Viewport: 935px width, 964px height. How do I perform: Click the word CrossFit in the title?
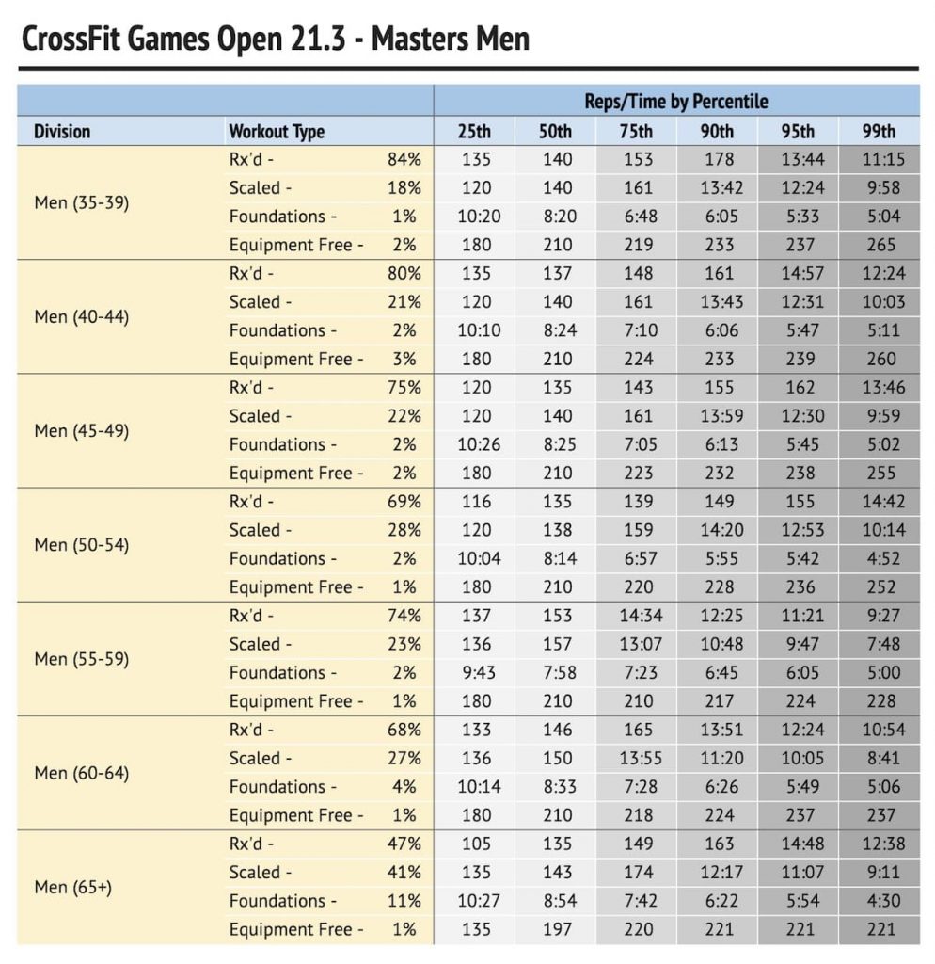[x=71, y=38]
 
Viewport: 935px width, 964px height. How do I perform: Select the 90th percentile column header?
[x=717, y=131]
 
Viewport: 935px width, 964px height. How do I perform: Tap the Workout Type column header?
[x=277, y=132]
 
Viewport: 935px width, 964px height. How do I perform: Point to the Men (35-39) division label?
[x=82, y=202]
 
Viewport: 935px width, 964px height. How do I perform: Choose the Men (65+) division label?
[x=73, y=887]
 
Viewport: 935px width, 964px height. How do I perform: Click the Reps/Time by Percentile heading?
[x=675, y=102]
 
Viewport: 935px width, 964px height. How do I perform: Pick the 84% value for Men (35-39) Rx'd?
[x=404, y=159]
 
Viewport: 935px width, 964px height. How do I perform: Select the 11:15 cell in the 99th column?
[x=883, y=159]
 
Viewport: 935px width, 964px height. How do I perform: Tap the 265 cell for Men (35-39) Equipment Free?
[x=881, y=245]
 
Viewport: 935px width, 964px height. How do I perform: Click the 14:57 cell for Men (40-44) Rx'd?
[x=802, y=273]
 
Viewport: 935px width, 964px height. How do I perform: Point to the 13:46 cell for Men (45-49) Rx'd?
[x=883, y=387]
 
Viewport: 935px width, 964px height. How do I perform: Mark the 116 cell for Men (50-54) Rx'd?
[x=476, y=501]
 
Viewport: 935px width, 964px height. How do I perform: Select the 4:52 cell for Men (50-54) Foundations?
[x=883, y=558]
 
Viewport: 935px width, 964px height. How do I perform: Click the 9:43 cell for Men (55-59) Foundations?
[x=479, y=672]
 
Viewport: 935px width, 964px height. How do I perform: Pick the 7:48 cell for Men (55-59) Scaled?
[x=883, y=644]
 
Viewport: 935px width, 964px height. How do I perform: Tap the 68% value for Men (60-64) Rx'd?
[x=404, y=730]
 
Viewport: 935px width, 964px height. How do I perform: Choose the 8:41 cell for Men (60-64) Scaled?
[x=883, y=758]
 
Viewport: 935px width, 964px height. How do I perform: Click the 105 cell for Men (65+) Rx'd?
[x=476, y=843]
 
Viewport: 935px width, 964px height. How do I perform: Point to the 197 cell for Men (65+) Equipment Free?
[x=557, y=929]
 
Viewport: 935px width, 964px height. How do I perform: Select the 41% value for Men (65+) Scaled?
[x=404, y=872]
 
